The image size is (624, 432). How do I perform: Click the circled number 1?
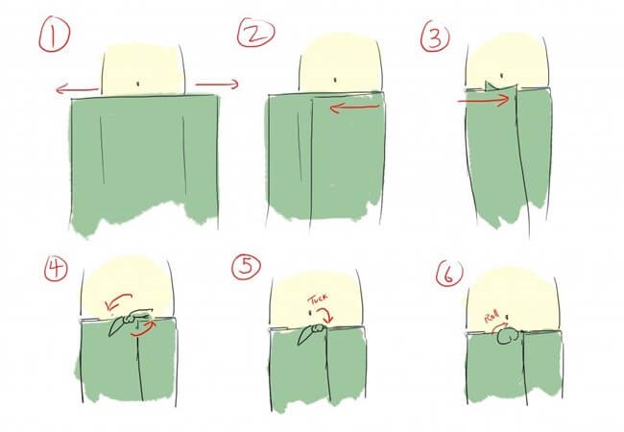coord(54,36)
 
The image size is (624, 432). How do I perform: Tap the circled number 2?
coord(255,34)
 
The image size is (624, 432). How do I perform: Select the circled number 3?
coord(435,38)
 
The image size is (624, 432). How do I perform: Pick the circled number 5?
coord(247,267)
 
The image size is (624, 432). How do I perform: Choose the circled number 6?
coord(449,274)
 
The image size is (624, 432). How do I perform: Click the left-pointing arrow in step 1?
coord(77,89)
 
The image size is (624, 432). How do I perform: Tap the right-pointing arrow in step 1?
coord(217,84)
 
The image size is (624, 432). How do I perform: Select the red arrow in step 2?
coord(354,108)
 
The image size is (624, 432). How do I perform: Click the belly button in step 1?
coord(138,84)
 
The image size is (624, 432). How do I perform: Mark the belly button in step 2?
coord(335,80)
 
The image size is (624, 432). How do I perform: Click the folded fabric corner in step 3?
coord(500,85)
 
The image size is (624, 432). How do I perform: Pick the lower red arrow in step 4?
coord(144,330)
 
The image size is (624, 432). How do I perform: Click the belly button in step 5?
coord(310,312)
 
